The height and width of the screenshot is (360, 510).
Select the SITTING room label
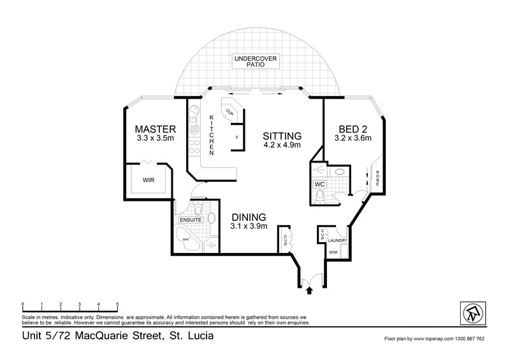pos(282,136)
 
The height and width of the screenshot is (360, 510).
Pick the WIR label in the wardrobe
pos(149,180)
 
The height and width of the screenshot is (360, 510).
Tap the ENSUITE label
pos(191,220)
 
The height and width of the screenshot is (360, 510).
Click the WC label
pos(319,185)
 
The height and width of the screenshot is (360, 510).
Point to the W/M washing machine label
pos(332,252)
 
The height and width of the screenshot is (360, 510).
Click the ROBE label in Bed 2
pos(377,179)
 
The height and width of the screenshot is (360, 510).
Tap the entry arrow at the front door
pos(310,290)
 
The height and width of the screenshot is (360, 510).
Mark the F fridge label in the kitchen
pos(237,137)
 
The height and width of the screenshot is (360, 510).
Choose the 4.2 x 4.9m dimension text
pos(282,145)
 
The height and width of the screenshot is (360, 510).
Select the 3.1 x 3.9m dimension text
pos(248,226)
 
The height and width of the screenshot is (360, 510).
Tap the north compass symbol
pos(471,312)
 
